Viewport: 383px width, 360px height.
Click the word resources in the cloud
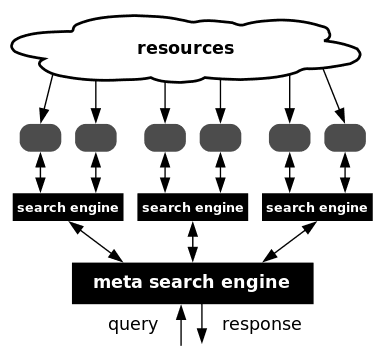click(185, 48)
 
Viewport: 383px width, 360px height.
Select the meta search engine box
click(192, 282)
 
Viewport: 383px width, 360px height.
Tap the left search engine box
click(68, 208)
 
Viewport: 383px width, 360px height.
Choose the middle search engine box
click(193, 208)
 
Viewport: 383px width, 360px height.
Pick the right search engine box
click(317, 208)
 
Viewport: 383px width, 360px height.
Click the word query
click(133, 324)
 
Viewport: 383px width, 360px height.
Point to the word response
click(261, 324)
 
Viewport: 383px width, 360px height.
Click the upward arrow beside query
click(180, 326)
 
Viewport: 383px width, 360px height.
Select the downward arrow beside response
click(203, 326)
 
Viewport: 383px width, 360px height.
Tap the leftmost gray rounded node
click(41, 136)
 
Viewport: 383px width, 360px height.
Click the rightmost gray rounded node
click(344, 136)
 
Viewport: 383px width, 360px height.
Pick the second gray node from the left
click(96, 136)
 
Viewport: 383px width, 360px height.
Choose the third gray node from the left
click(165, 136)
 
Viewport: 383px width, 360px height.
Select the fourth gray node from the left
click(220, 136)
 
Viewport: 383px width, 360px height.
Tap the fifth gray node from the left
click(290, 136)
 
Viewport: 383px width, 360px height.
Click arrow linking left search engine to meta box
click(96, 241)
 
